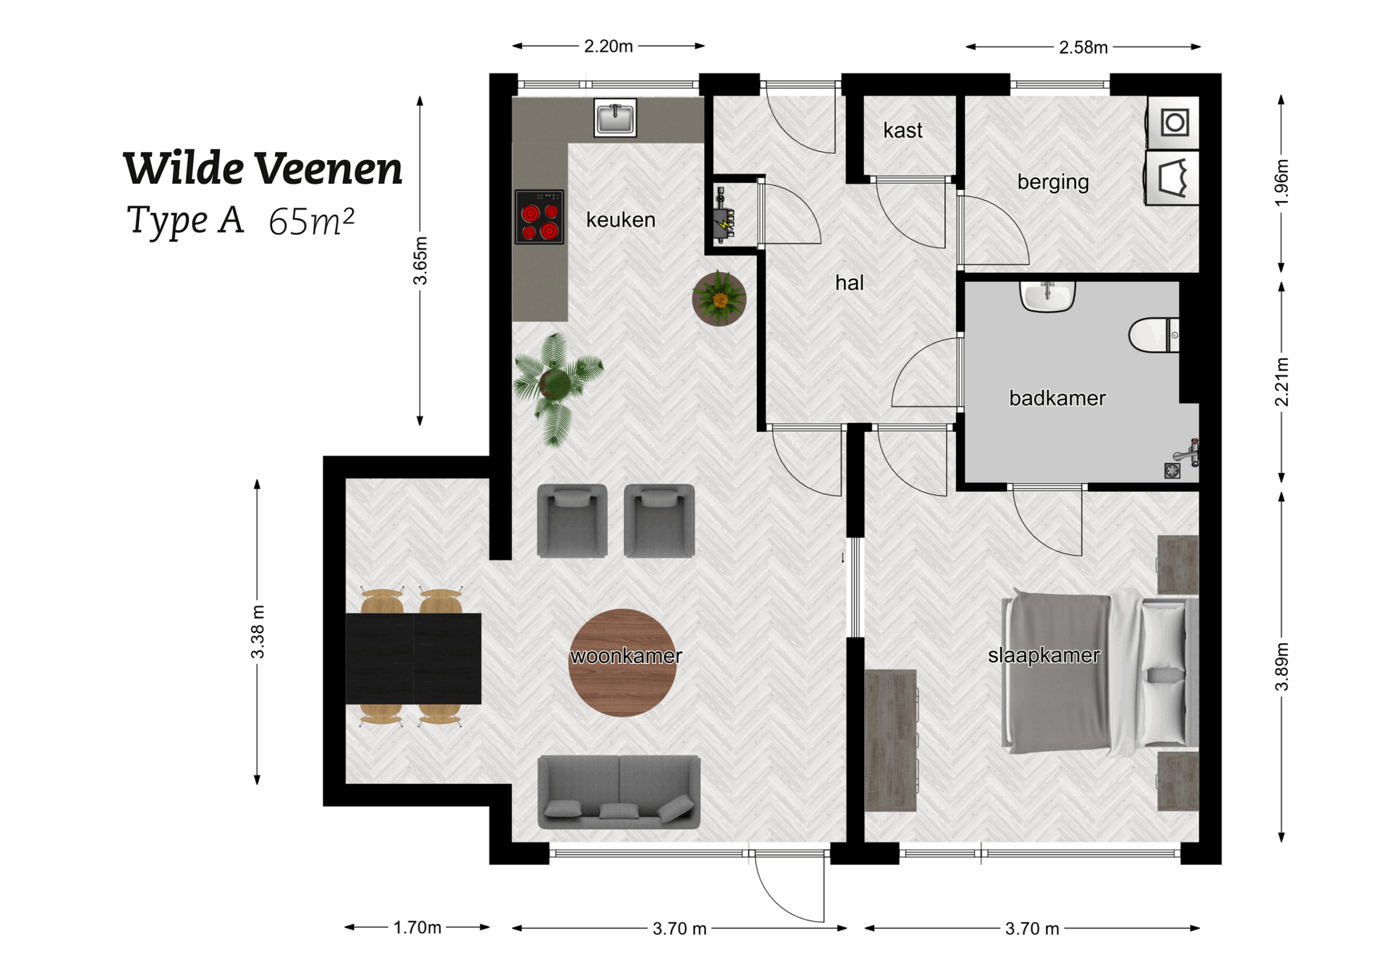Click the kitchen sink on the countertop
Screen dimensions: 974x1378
tap(615, 117)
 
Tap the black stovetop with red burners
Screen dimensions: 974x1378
tap(540, 217)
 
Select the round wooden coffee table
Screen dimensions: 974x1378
tap(622, 663)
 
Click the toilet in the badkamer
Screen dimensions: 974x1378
tap(1153, 335)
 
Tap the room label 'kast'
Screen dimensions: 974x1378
tap(902, 130)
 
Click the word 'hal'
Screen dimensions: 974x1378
tap(849, 282)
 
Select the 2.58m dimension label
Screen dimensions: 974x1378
tap(1083, 47)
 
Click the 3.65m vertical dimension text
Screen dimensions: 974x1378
tap(420, 261)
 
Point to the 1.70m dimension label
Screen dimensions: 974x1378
tap(417, 928)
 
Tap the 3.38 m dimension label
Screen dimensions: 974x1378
tap(258, 632)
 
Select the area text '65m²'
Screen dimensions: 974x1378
tap(311, 222)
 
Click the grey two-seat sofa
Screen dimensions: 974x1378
tap(619, 792)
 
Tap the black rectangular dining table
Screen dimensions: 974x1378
tap(413, 659)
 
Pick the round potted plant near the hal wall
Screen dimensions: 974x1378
tap(719, 298)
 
